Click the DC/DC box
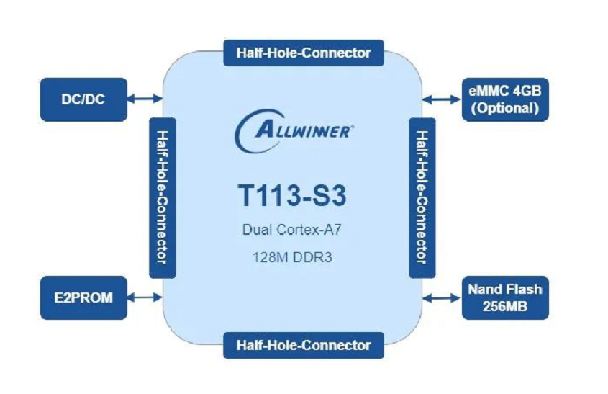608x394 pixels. coord(83,99)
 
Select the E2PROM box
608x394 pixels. coord(83,297)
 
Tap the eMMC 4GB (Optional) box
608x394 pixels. coord(504,99)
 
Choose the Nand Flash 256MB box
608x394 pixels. coord(504,297)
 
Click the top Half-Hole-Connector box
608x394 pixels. coord(303,52)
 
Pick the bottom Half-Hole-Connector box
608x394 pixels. coord(303,344)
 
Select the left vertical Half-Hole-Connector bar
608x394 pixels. coord(162,197)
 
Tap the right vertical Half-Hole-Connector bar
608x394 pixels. coord(422,197)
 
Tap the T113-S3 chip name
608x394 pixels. coord(294,195)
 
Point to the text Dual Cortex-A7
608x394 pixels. coord(294,231)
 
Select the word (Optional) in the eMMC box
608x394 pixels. coord(504,109)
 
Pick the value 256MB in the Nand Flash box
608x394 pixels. coord(504,306)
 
